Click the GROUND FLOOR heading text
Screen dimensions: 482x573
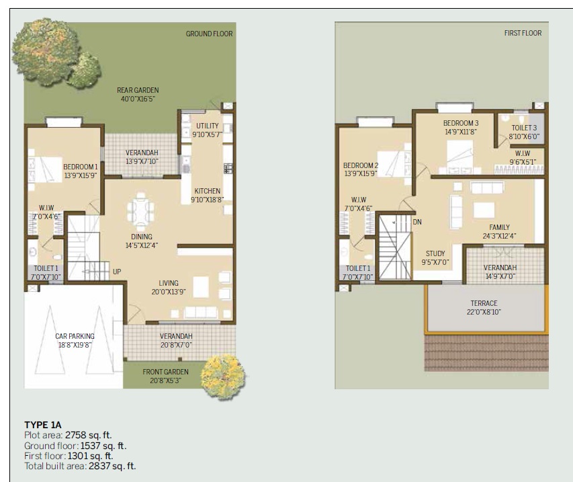coord(209,34)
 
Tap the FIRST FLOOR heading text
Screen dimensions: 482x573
coord(523,33)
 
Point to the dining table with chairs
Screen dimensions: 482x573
coord(142,209)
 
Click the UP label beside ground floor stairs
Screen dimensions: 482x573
coord(117,272)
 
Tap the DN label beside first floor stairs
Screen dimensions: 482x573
coord(417,221)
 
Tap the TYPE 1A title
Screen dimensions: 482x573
coord(43,424)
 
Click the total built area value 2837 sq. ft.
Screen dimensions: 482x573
coord(112,466)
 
